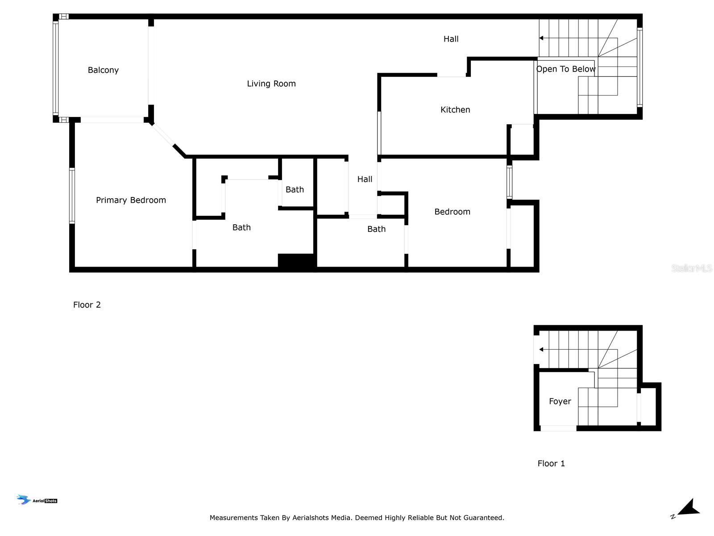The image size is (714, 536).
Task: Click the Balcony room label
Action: coord(103,70)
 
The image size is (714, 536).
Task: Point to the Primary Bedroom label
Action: coord(130,200)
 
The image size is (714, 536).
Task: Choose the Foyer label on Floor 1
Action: coord(559,401)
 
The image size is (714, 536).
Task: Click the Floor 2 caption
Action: coord(87,305)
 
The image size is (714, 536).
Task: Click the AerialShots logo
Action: coord(37,499)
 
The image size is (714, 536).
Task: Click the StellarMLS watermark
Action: coord(691,268)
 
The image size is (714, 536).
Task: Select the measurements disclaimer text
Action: coord(357,517)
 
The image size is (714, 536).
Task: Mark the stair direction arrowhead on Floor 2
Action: coord(540,38)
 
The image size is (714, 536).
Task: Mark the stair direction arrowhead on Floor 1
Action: coord(540,350)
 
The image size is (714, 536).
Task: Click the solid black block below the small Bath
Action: coord(297,261)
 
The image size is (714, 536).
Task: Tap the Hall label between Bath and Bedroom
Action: coord(364,179)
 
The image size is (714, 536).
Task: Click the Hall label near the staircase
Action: coord(451,39)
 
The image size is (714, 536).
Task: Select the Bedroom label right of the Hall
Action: coord(452,212)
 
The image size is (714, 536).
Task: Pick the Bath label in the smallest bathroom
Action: coord(295,189)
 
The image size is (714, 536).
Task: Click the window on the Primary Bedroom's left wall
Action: coord(72,196)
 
